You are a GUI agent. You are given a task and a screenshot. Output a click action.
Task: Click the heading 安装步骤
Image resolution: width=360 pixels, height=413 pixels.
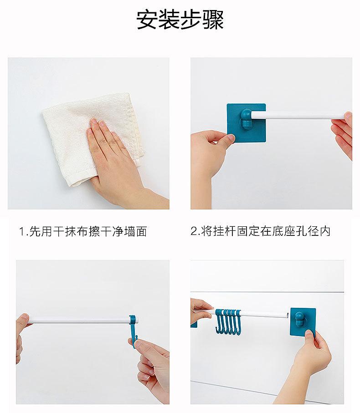coord(180,20)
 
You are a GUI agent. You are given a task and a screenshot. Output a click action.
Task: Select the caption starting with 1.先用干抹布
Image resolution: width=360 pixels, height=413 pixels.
coord(83,231)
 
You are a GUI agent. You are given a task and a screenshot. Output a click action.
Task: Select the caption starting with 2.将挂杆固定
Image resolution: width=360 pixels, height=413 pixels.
coord(260,231)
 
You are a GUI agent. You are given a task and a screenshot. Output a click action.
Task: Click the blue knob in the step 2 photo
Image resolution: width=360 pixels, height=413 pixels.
coord(246,119)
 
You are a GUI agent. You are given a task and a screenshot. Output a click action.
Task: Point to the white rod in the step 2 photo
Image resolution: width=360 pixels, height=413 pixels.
coord(298,115)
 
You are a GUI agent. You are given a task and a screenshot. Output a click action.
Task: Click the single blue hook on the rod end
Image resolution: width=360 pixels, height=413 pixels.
coord(134,329)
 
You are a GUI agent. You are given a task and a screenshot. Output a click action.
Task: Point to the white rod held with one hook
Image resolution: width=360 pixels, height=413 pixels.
coord(79,320)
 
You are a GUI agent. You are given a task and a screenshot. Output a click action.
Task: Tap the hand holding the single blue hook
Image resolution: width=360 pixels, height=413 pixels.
coord(153,372)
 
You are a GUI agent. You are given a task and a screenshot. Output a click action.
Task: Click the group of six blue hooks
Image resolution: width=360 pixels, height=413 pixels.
coord(228,321)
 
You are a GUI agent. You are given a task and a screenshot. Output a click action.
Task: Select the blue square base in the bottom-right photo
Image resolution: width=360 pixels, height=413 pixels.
coord(303,322)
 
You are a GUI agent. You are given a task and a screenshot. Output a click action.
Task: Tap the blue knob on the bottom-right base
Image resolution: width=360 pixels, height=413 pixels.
coord(299,319)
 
